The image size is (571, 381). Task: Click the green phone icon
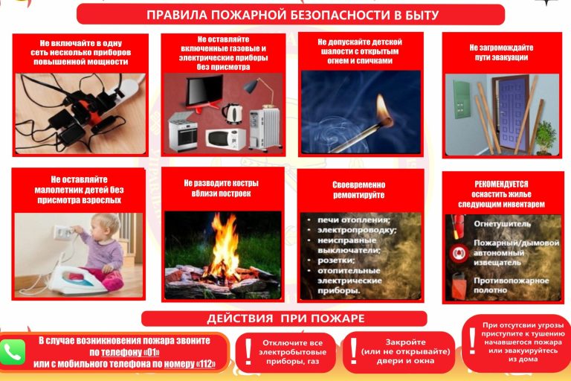[13, 352]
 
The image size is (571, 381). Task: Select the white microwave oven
[225, 138]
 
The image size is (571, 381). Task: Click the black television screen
[204, 90]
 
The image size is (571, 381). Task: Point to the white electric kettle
[232, 113]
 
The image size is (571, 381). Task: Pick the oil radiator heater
[265, 127]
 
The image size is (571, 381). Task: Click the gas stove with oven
[183, 131]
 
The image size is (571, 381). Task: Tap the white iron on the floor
[77, 281]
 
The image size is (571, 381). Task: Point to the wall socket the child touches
[62, 232]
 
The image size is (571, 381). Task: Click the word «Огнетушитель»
[502, 224]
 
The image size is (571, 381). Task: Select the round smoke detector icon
[458, 253]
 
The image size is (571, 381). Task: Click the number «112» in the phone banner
[207, 364]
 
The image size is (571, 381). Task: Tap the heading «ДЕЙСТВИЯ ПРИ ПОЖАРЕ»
[285, 318]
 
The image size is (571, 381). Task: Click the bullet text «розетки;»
[336, 260]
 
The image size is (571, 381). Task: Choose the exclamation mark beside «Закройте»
[353, 350]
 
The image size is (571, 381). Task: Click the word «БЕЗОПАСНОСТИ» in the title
[337, 16]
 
